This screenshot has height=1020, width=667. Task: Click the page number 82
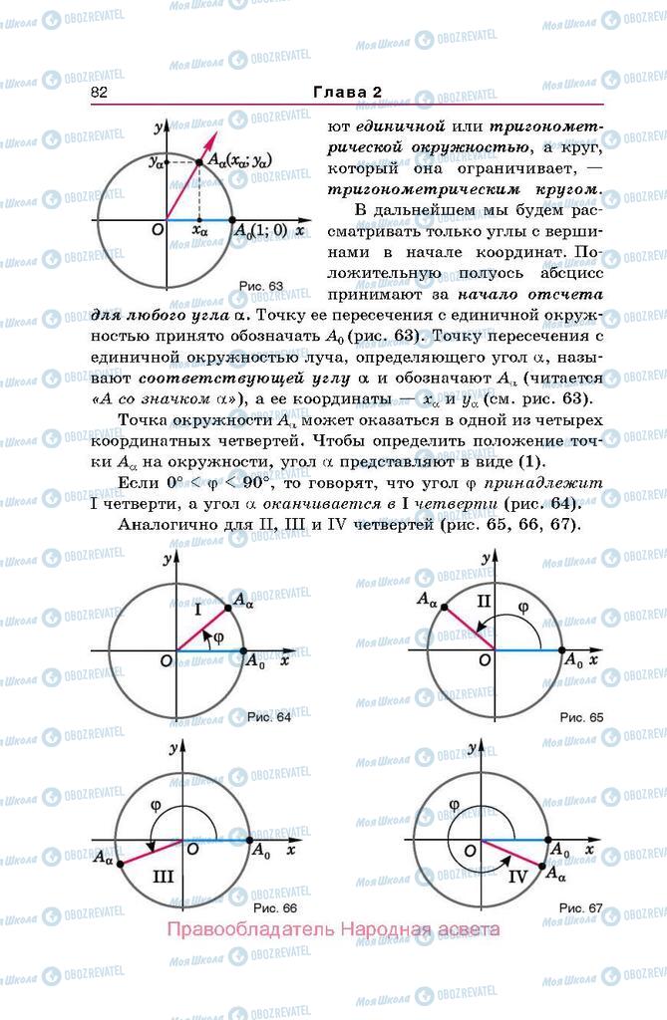(98, 92)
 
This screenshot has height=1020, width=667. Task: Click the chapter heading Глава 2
(348, 92)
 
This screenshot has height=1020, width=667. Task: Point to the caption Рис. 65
(581, 716)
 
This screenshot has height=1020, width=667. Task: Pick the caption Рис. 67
(581, 907)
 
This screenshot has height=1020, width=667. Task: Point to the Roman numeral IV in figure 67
(517, 878)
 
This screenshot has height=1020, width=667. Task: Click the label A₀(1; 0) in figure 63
(260, 231)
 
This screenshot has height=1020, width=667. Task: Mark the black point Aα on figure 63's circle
(198, 160)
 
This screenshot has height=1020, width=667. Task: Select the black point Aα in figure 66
(121, 864)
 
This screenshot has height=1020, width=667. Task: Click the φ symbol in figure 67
(454, 805)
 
